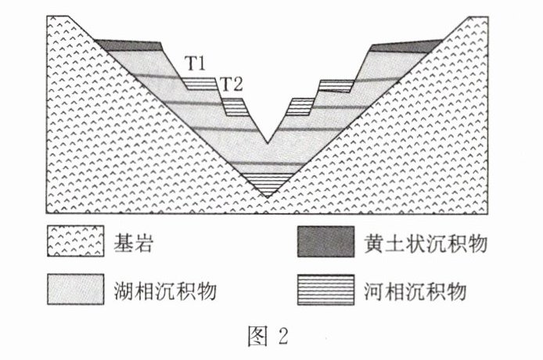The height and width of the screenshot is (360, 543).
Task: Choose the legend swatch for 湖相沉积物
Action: click(x=74, y=290)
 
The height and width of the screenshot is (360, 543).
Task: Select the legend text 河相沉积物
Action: click(x=415, y=291)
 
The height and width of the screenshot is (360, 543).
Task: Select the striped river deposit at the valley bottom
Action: click(x=267, y=181)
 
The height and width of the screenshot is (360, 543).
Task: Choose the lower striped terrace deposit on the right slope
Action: click(x=300, y=105)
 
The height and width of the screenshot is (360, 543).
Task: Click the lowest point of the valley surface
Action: click(x=267, y=143)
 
